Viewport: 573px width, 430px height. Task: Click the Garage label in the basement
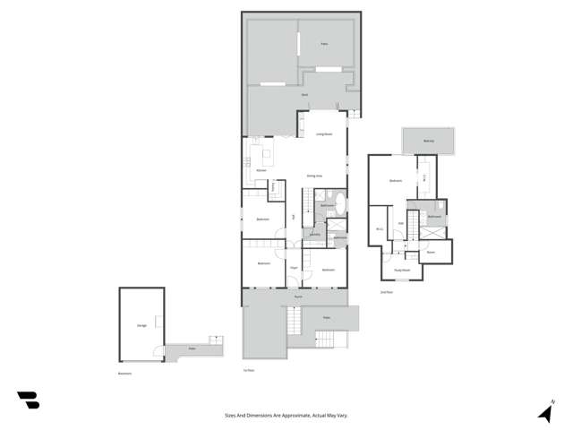[x=141, y=325]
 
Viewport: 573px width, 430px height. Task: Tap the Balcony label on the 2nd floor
[x=429, y=141]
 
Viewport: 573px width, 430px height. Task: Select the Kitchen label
[x=261, y=170]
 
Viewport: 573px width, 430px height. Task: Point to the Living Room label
[x=323, y=134]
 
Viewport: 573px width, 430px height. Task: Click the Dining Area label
[x=315, y=176]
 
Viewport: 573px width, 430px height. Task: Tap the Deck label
[x=305, y=94]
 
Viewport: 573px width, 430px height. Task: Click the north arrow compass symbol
[x=545, y=412]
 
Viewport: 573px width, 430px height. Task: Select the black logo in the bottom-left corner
[x=28, y=400]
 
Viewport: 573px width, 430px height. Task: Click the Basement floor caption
[x=125, y=374]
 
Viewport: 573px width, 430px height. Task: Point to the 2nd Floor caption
[x=388, y=292]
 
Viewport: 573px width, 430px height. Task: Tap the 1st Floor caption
[x=249, y=370]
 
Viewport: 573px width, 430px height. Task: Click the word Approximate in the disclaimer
[x=295, y=415]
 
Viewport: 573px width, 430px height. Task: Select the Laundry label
[x=314, y=235]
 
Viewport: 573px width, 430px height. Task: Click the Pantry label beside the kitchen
[x=273, y=187]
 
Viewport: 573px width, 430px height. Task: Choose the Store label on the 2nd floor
[x=430, y=252]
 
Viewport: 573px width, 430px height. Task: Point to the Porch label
[x=298, y=296]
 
